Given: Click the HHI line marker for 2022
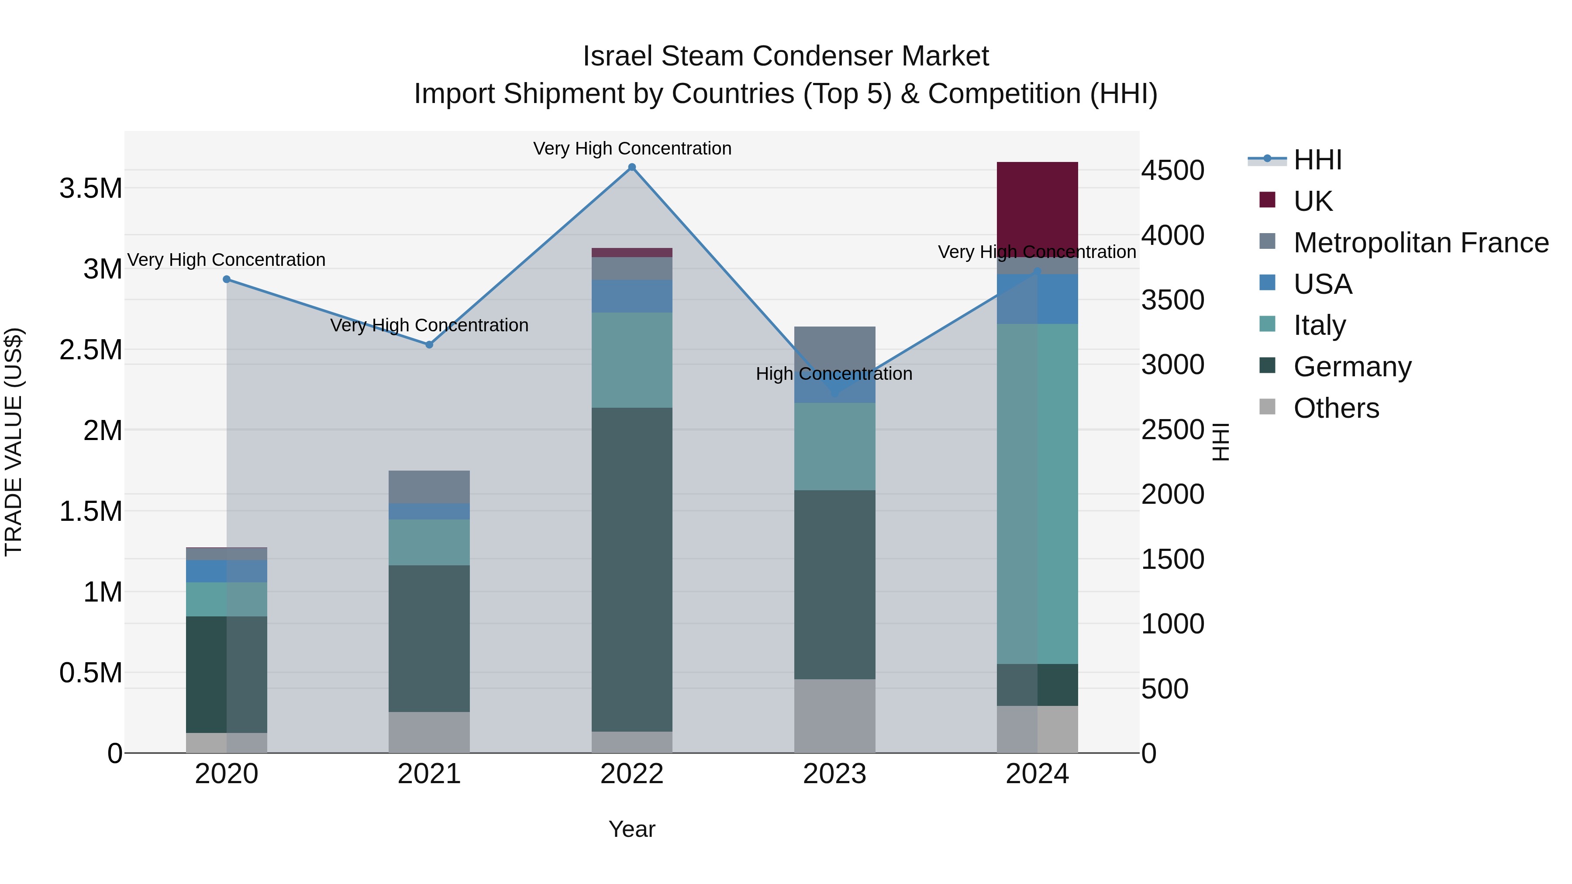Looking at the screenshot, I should point(631,167).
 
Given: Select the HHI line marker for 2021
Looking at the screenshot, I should point(429,345).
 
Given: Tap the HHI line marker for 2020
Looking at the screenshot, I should point(226,279).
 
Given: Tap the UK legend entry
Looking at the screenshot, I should point(1312,201).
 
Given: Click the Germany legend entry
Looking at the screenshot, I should point(1351,367).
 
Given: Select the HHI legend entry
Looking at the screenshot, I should point(1317,160).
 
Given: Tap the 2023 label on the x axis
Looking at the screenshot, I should point(834,774).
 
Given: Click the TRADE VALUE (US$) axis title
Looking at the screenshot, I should point(14,442).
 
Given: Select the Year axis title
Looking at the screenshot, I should point(631,829).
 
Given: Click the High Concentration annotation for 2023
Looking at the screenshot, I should point(834,373).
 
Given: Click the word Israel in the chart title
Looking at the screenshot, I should point(617,56).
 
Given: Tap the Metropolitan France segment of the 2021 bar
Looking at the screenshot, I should point(429,486).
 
